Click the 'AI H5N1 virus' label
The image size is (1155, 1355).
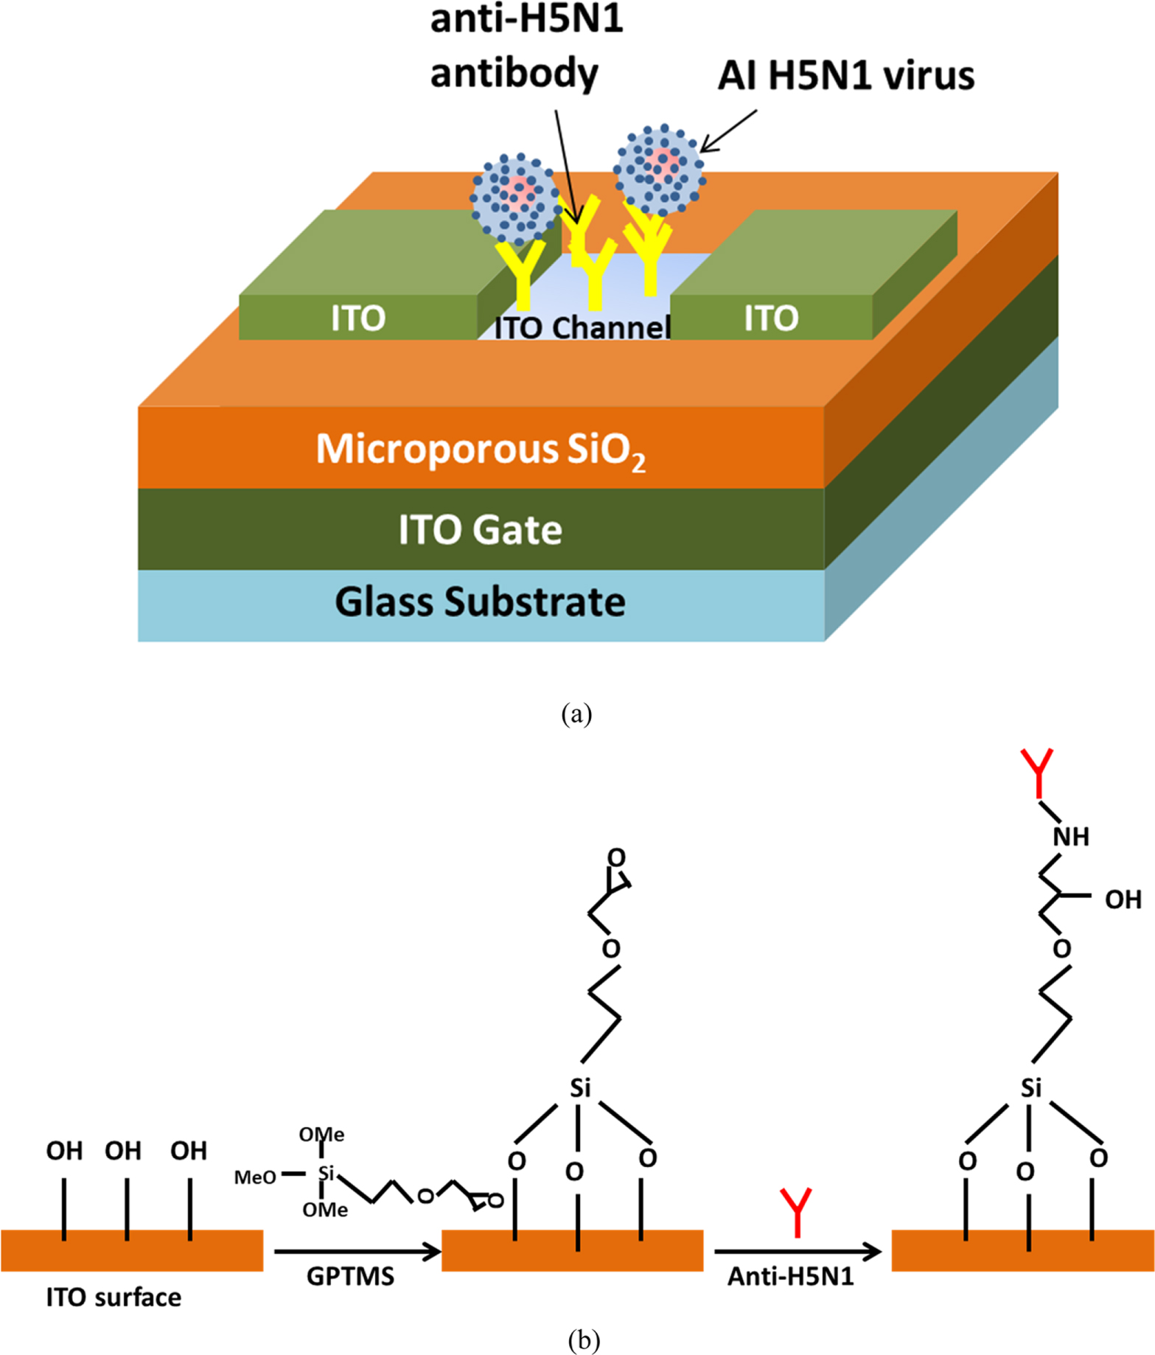point(845,76)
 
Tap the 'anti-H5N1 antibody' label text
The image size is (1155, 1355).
point(525,46)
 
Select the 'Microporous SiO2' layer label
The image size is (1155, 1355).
point(481,450)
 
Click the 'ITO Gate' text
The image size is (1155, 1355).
point(481,530)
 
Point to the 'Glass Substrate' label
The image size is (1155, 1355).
point(481,602)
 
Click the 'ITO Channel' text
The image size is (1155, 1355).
point(582,328)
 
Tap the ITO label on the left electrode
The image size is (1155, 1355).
point(358,318)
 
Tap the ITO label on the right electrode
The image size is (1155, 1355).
point(771,318)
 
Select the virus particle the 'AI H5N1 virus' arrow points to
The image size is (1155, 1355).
point(660,170)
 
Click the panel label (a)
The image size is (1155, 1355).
point(576,714)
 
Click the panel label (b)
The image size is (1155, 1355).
point(584,1339)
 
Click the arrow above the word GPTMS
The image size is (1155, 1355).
point(357,1251)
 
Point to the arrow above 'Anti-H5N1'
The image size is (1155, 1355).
point(797,1251)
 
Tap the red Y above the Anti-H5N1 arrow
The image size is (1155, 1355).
point(797,1211)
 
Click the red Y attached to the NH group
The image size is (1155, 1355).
point(1037,773)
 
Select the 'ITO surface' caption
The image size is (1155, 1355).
point(114,1297)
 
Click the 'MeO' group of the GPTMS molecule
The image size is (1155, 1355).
point(255,1177)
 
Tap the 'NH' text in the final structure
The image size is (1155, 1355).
point(1070,837)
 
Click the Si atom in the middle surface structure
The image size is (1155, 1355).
point(580,1087)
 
